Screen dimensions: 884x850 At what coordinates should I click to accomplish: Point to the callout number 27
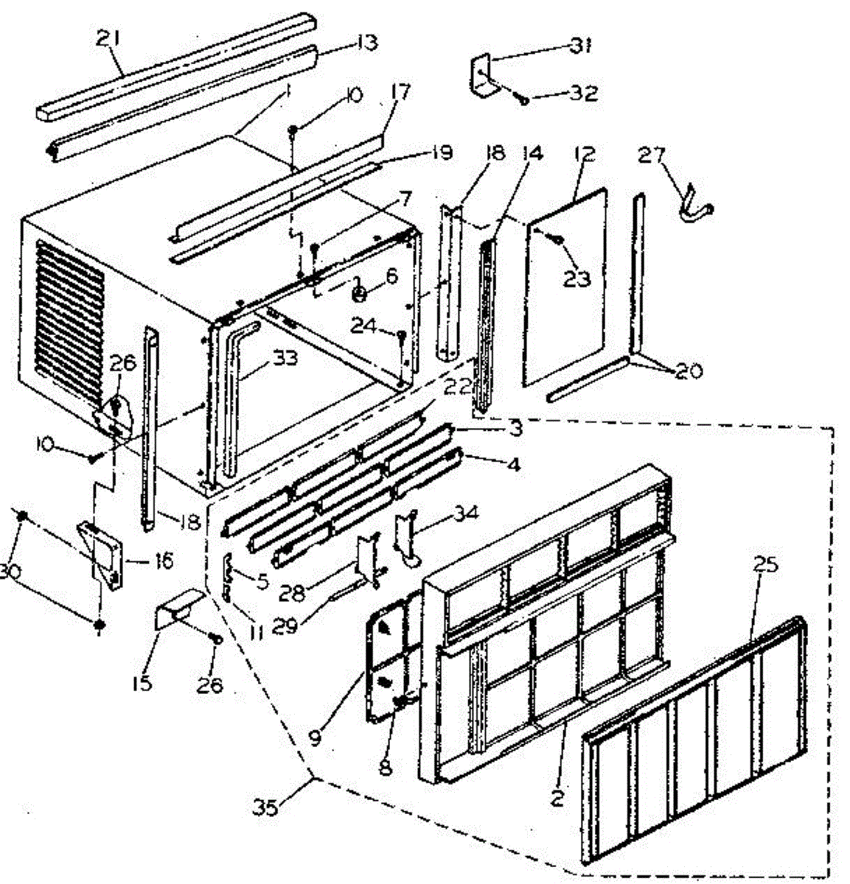coord(652,155)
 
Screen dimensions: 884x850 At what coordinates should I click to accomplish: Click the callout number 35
coord(267,809)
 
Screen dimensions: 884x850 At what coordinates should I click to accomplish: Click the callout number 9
coord(316,737)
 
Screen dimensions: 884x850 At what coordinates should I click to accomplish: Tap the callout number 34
coord(466,513)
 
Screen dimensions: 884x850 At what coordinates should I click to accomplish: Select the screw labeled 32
coord(523,98)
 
